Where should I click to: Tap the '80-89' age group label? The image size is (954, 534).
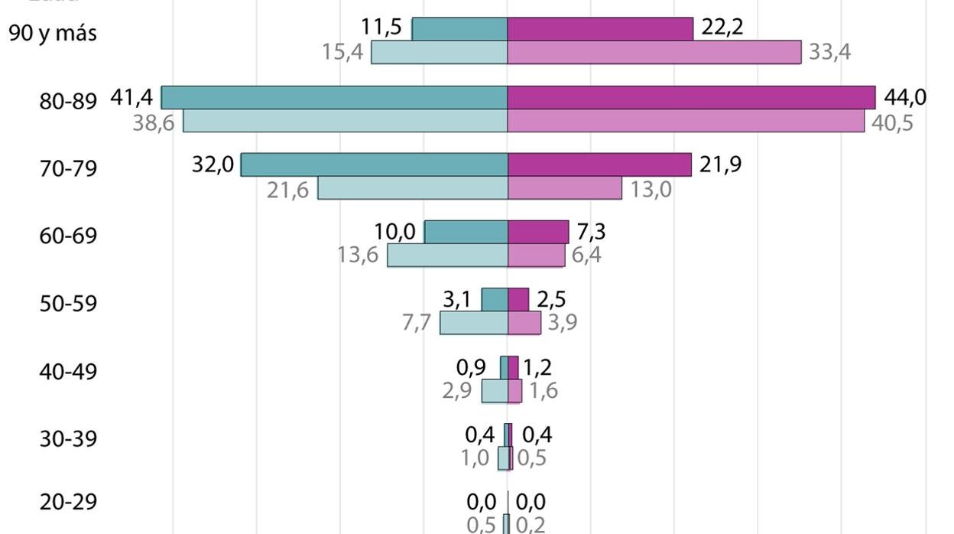[69, 102]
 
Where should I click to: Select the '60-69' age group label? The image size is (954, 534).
[69, 236]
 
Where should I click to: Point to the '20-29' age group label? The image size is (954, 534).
[69, 503]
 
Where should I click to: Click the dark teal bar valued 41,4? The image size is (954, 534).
[334, 98]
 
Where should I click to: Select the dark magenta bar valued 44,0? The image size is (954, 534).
[691, 98]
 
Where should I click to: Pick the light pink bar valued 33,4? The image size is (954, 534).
[654, 52]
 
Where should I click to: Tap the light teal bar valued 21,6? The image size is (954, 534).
[413, 188]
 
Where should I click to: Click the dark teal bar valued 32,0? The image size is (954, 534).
[374, 164]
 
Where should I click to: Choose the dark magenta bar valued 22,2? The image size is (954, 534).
[600, 29]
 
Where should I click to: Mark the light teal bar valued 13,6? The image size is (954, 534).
[447, 256]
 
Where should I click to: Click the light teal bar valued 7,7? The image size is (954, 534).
[474, 323]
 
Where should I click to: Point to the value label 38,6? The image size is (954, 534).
[154, 122]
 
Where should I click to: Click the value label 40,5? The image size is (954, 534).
[892, 122]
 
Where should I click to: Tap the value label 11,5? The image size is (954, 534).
[381, 28]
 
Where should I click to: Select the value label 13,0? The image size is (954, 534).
[651, 189]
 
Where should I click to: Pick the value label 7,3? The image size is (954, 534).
[591, 231]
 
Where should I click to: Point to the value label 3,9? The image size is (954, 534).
[562, 323]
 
